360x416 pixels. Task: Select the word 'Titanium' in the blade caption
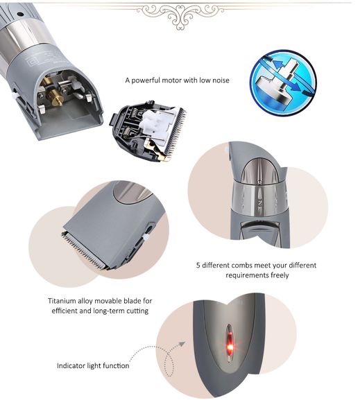click(x=65, y=301)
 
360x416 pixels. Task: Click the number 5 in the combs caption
click(x=199, y=265)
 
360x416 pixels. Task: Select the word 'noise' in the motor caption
click(x=218, y=80)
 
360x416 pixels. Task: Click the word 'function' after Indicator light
click(x=114, y=365)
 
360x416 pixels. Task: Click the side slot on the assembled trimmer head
click(x=147, y=228)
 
